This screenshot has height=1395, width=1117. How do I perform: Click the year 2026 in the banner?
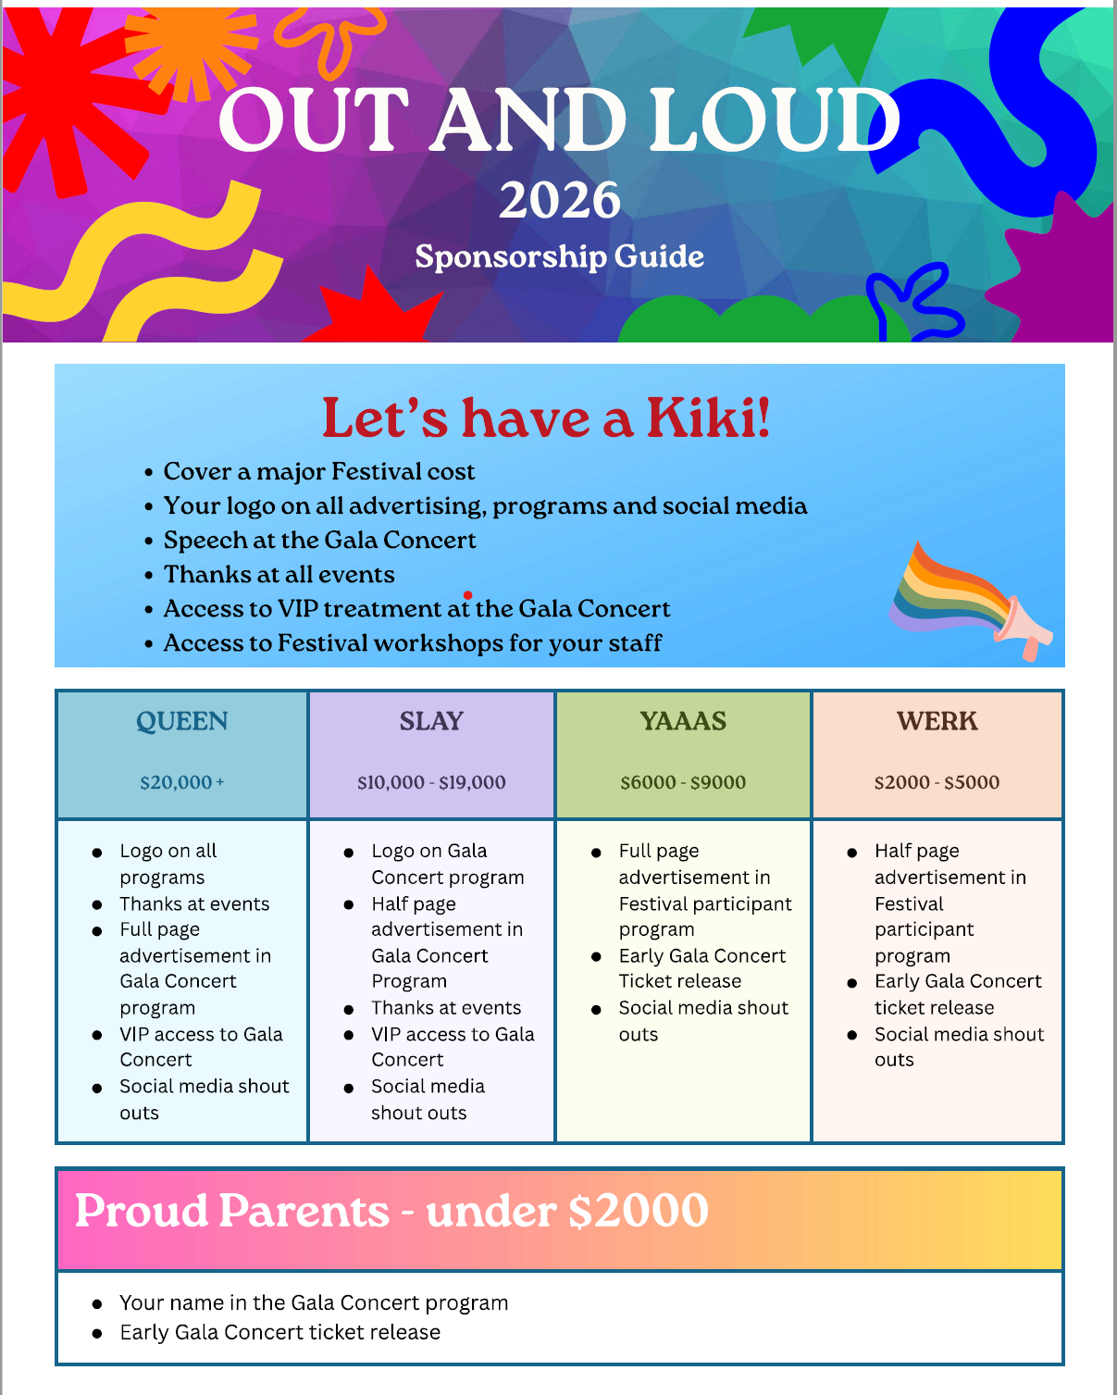coord(559,200)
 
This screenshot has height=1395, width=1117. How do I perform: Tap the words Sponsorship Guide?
coord(559,256)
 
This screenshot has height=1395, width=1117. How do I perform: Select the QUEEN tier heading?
coord(181,721)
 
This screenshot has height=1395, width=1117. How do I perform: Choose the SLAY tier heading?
coord(431,721)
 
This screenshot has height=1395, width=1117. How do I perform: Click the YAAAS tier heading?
coord(683,721)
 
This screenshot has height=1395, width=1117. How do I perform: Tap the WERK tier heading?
coord(937,721)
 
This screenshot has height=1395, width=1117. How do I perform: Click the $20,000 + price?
coord(181,782)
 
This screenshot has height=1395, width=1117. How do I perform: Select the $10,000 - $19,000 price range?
coord(431,782)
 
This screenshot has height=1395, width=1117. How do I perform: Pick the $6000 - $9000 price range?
coord(683,782)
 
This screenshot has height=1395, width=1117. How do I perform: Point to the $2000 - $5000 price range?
coord(937,782)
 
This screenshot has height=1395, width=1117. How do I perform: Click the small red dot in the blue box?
coord(468,595)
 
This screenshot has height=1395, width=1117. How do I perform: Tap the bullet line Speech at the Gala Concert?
coord(319,541)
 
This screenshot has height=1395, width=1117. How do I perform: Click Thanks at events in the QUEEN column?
coord(194,903)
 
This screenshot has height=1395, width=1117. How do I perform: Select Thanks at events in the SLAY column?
coord(446,1007)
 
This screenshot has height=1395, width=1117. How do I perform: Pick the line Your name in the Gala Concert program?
coord(314,1302)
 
